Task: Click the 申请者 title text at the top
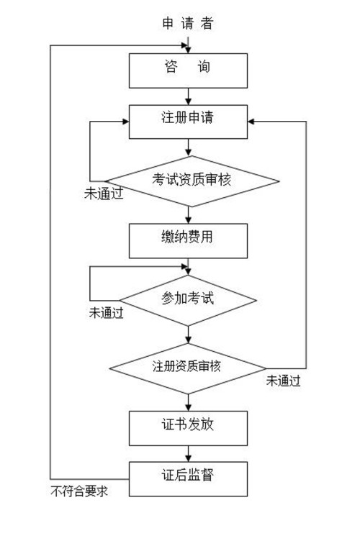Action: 188,23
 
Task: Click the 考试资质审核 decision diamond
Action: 192,181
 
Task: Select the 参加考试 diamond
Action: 188,301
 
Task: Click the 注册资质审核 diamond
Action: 188,368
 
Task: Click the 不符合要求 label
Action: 79,491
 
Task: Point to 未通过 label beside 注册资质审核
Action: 284,381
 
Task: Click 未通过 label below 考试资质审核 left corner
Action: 104,194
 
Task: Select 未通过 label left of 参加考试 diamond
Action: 106,312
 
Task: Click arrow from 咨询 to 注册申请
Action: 188,96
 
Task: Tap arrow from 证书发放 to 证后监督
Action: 188,453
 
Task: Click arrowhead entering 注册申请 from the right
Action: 251,122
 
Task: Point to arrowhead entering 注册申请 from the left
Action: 125,122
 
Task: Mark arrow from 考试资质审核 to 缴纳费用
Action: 188,215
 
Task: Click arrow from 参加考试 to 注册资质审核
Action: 188,335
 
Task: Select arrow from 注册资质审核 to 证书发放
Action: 188,402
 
